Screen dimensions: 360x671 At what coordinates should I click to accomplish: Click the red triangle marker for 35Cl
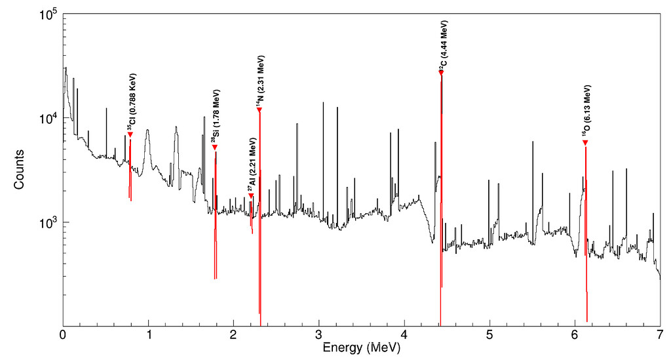coord(130,134)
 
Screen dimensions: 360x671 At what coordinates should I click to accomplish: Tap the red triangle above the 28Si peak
coord(214,148)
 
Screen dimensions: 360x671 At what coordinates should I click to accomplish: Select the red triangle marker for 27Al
coord(250,196)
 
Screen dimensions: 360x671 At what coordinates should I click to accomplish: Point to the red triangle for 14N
coord(259,110)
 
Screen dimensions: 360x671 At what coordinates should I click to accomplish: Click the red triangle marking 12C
coord(441,72)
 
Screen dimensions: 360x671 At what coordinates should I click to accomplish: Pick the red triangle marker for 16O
coord(585,143)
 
